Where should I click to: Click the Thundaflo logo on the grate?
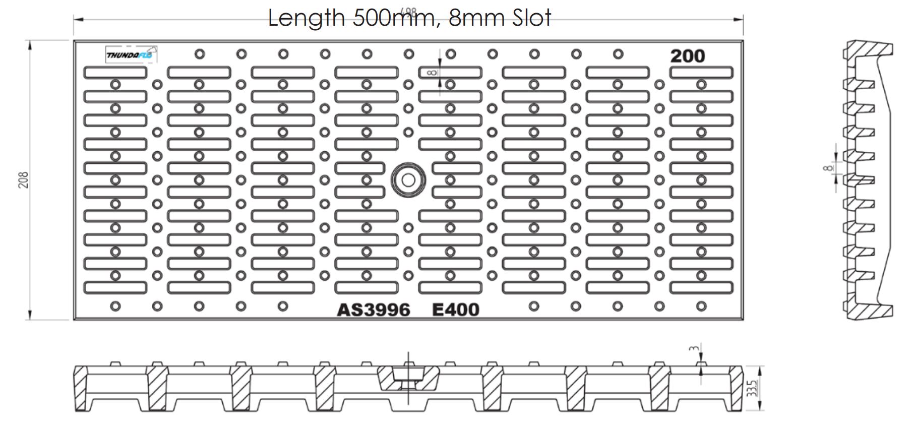pyautogui.click(x=131, y=54)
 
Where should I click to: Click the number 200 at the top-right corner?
pyautogui.click(x=687, y=56)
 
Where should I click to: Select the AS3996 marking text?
pyautogui.click(x=373, y=310)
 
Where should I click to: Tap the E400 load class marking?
pyautogui.click(x=456, y=310)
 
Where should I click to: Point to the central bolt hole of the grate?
pyautogui.click(x=408, y=180)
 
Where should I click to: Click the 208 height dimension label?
pyautogui.click(x=24, y=180)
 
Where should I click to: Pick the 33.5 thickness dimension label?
pyautogui.click(x=753, y=389)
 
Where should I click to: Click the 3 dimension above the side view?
pyautogui.click(x=695, y=348)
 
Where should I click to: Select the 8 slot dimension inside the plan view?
pyautogui.click(x=432, y=73)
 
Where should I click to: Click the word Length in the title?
pyautogui.click(x=306, y=18)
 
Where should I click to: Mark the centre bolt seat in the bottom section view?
pyautogui.click(x=408, y=378)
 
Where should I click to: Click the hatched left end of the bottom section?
pyautogui.click(x=80, y=388)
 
